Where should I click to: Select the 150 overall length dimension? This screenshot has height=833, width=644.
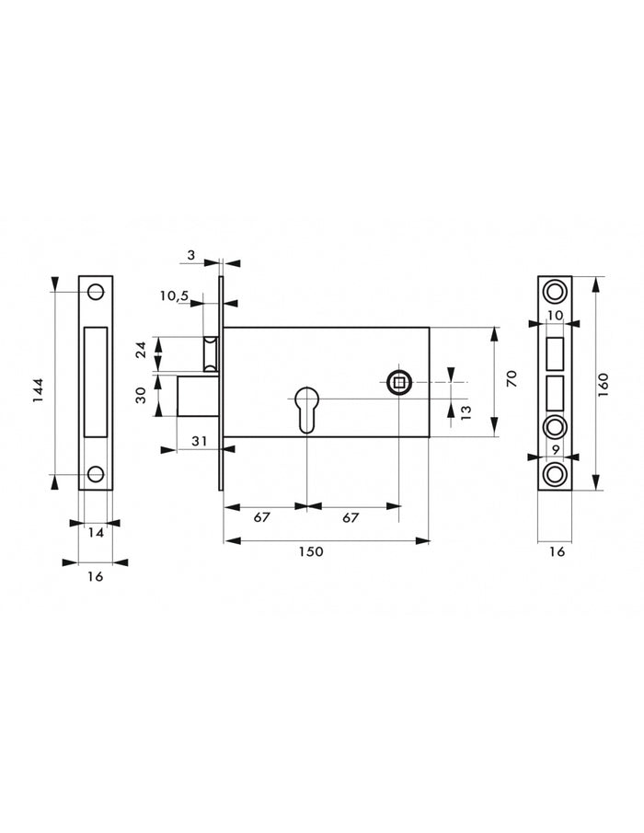click(x=310, y=551)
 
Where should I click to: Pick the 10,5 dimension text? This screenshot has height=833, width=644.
click(x=173, y=295)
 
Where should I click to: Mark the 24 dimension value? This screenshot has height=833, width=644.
click(x=141, y=351)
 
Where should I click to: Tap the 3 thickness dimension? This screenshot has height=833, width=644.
click(x=190, y=255)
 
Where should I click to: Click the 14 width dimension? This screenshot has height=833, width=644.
click(x=95, y=531)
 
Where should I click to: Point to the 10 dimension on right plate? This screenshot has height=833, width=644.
click(x=555, y=315)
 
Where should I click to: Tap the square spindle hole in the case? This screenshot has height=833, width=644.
click(x=398, y=383)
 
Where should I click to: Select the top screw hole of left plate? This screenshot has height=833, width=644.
click(x=95, y=292)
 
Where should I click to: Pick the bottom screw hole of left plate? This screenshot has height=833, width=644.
click(x=95, y=474)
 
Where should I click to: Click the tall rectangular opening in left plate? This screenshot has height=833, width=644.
click(x=95, y=381)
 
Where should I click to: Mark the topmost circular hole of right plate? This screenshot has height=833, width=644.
click(x=555, y=292)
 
